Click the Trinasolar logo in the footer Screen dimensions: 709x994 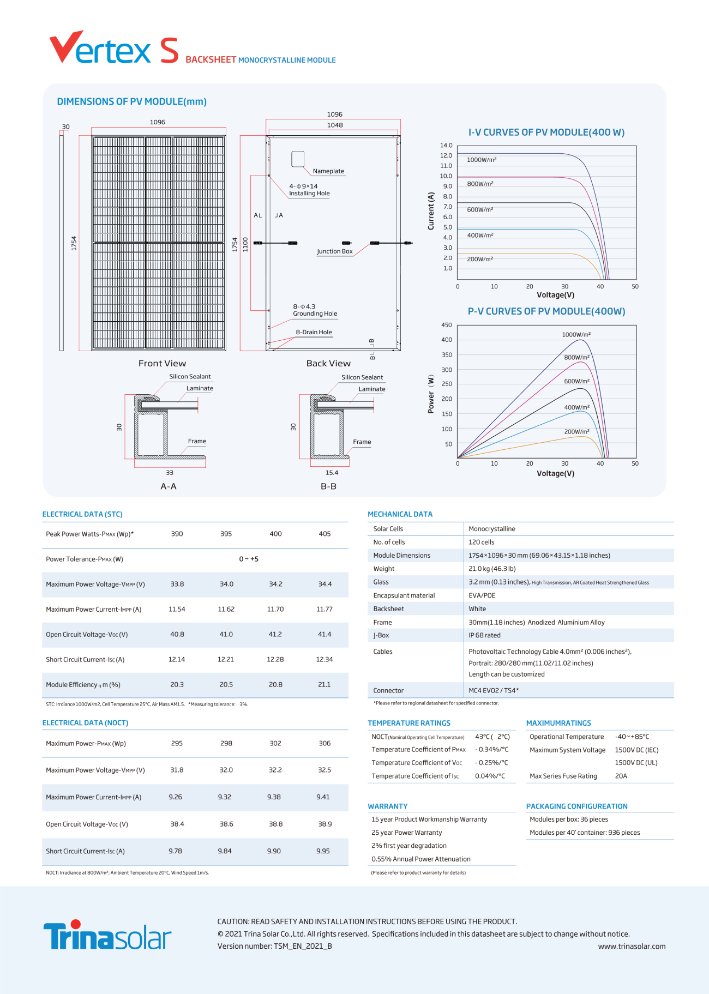107,936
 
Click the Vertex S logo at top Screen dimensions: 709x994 114,48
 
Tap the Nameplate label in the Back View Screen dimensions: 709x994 328,171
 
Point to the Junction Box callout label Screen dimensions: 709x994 335,251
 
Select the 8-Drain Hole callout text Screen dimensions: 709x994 314,332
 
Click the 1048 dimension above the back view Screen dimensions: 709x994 335,125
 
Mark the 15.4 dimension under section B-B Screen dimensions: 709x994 332,473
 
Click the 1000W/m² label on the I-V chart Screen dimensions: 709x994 482,160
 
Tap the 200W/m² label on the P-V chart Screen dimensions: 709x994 576,431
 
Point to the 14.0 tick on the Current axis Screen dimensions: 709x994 446,146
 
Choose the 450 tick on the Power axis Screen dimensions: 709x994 447,325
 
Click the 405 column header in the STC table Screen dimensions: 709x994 325,534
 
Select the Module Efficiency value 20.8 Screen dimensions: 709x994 275,684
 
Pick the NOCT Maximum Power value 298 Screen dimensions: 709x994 226,743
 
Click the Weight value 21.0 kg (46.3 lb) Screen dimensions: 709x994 492,569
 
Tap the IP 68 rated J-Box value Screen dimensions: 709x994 484,635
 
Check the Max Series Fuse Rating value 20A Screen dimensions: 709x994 621,776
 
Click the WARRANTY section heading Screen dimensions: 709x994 388,806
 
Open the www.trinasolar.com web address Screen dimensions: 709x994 632,947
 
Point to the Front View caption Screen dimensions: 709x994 162,363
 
